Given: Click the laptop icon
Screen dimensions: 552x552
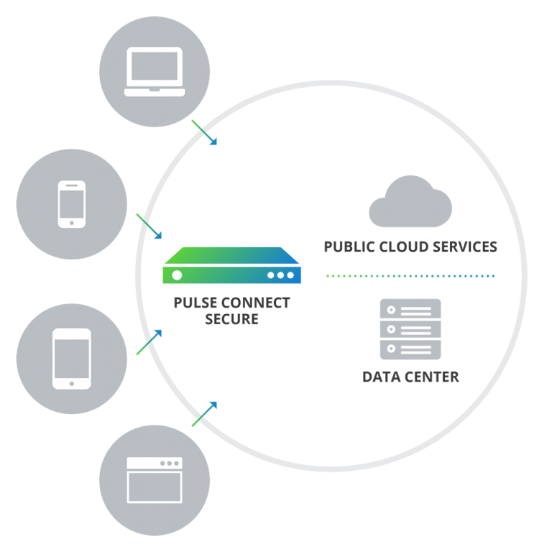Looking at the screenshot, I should pos(155,72).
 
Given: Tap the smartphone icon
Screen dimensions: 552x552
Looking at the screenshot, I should pos(72,204).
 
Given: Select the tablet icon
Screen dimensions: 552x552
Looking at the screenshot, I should pos(72,359).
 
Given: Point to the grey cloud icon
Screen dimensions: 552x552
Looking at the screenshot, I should pos(410,204).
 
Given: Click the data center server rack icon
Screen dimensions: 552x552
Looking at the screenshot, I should pos(410,329).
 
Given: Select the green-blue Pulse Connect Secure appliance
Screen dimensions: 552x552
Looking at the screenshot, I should pos(231,266).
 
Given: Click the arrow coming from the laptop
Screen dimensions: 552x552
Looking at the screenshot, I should pos(203,132).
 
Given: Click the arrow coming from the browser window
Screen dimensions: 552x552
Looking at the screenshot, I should pos(203,414).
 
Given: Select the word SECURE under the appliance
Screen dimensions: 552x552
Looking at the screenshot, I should pos(231,319).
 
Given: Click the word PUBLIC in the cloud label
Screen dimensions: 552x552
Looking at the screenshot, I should pos(348,247).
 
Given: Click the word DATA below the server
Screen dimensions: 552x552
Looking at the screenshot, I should pos(381,377).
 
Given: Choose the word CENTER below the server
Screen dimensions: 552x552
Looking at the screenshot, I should pos(431,377).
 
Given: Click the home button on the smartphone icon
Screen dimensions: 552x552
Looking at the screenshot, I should pos(72,223).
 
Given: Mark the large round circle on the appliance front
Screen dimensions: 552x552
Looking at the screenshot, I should pos(177,275).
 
